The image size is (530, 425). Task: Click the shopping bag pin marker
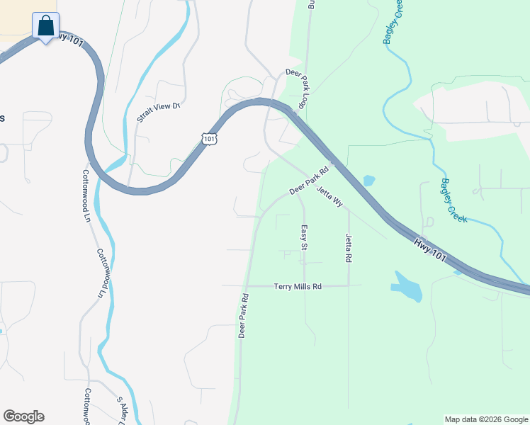(x=46, y=26)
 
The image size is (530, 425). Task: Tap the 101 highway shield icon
(x=208, y=138)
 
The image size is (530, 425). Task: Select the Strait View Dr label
(x=159, y=112)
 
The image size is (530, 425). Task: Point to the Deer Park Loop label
(x=297, y=88)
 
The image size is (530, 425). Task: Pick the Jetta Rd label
(x=349, y=248)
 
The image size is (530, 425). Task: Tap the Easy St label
(x=303, y=238)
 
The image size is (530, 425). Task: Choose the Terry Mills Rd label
(x=298, y=286)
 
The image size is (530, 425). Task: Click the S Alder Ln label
(x=128, y=408)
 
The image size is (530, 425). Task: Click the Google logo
(x=24, y=416)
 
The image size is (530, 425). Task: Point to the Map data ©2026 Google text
(x=486, y=419)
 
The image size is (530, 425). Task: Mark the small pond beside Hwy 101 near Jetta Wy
(x=368, y=181)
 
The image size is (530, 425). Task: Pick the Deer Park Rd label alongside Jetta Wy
(x=310, y=182)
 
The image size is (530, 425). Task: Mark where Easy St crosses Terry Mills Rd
(x=304, y=286)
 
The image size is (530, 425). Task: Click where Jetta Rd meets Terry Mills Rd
(x=349, y=286)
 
